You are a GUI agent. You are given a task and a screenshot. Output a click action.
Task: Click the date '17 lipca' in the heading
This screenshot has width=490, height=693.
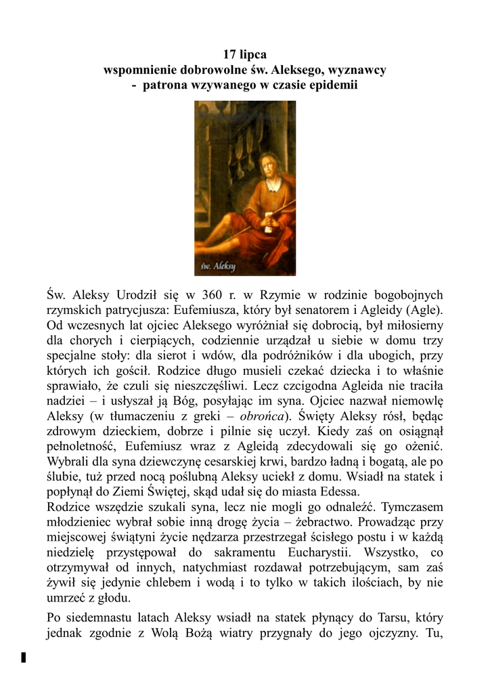point(244,54)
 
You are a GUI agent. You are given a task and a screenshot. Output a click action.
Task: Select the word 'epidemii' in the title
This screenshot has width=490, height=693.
point(333,86)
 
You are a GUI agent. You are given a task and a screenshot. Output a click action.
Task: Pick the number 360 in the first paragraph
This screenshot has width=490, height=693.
point(212,294)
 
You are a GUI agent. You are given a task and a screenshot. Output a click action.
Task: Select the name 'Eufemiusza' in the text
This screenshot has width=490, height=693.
point(204,310)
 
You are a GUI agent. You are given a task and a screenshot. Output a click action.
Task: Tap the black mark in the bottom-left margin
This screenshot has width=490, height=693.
point(24,657)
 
